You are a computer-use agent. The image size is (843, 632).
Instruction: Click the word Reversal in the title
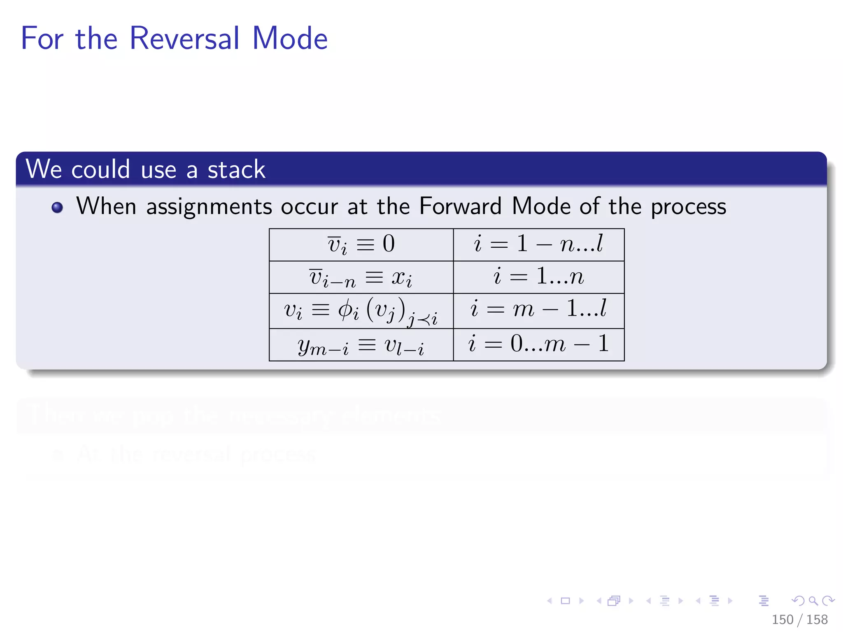pyautogui.click(x=184, y=38)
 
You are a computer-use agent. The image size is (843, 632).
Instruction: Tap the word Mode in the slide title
pyautogui.click(x=289, y=38)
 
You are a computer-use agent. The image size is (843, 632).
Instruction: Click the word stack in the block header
pyautogui.click(x=236, y=170)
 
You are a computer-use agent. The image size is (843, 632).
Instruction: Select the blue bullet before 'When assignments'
pyautogui.click(x=57, y=207)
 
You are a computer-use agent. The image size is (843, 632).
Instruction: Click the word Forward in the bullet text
pyautogui.click(x=460, y=206)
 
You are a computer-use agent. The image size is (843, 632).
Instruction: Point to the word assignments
pyautogui.click(x=209, y=207)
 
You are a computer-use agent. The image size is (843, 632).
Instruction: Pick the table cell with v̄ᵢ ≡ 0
pyautogui.click(x=361, y=245)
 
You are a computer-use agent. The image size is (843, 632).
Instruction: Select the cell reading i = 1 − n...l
pyautogui.click(x=538, y=244)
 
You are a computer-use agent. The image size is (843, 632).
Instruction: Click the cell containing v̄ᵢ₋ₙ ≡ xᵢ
pyautogui.click(x=361, y=277)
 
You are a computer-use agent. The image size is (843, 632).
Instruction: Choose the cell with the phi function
pyautogui.click(x=361, y=311)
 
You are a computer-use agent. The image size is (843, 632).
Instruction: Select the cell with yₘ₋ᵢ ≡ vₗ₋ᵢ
pyautogui.click(x=361, y=345)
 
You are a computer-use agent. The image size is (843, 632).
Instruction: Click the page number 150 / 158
pyautogui.click(x=799, y=619)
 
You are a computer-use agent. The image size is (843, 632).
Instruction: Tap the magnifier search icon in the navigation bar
pyautogui.click(x=813, y=601)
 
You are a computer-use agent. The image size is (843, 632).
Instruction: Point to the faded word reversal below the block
pyautogui.click(x=191, y=454)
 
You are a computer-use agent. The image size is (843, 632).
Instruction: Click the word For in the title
pyautogui.click(x=42, y=38)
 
